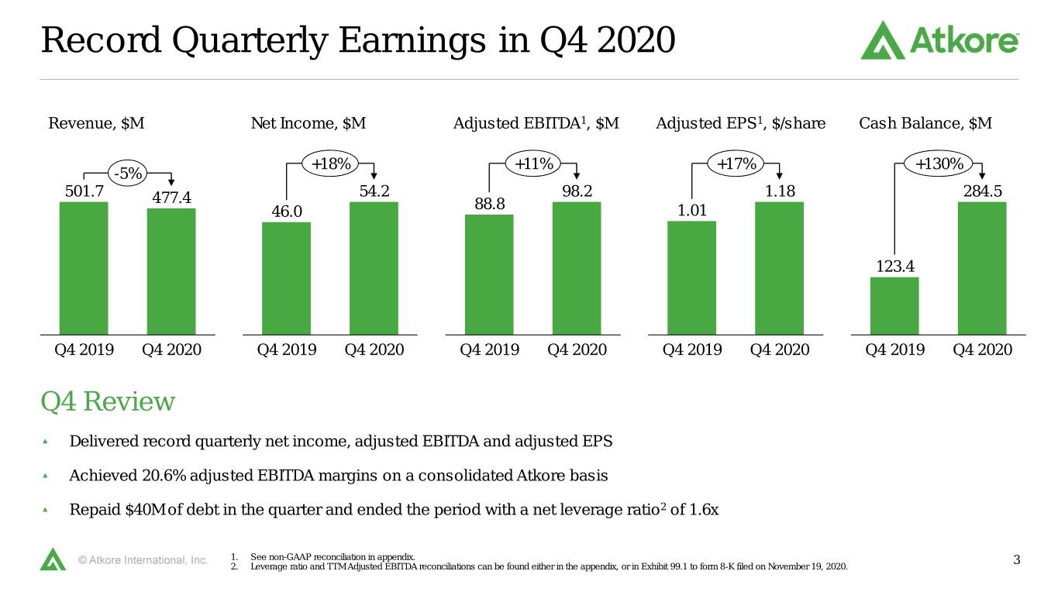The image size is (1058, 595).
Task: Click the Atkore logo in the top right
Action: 939,40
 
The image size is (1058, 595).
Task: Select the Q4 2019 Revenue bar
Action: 84,268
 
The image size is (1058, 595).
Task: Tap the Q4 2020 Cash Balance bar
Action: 982,268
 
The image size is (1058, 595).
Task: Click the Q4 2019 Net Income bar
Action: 286,279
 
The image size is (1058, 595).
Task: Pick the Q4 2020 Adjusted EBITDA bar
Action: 577,268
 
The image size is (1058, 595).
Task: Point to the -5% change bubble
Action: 128,174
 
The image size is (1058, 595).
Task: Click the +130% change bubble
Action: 939,164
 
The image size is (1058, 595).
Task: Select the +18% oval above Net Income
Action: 330,164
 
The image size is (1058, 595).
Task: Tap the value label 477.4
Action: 171,198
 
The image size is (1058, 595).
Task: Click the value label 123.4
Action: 895,267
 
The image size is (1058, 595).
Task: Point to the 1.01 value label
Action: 692,210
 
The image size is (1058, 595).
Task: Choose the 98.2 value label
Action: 577,191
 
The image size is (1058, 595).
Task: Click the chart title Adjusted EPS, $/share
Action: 741,123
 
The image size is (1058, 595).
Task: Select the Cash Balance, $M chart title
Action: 925,123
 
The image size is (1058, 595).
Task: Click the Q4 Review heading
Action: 108,402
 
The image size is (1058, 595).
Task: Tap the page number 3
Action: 1016,560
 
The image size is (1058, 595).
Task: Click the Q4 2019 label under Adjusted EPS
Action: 692,350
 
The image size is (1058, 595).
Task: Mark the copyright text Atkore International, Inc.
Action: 143,560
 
